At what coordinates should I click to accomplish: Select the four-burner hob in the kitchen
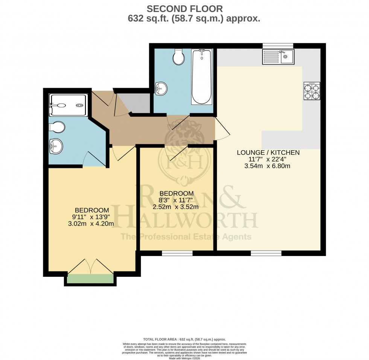(312, 91)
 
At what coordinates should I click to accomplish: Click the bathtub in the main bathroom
(201, 77)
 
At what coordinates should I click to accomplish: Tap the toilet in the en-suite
(56, 127)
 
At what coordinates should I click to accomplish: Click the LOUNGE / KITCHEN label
(268, 153)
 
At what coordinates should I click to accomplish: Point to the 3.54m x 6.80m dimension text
(268, 166)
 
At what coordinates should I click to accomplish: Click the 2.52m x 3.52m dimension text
(176, 206)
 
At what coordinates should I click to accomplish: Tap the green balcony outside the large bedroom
(90, 279)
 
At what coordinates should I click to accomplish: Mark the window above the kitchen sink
(278, 46)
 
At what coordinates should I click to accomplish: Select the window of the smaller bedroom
(177, 253)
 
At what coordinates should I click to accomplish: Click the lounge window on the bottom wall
(266, 253)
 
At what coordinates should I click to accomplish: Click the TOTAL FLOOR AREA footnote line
(184, 339)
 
